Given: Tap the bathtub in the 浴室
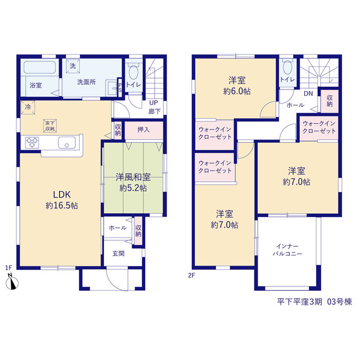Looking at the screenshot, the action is (40, 67).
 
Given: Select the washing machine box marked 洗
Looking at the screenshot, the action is (73, 66).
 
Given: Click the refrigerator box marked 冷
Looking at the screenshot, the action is (28, 107).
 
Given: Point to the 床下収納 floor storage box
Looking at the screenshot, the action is (50, 126).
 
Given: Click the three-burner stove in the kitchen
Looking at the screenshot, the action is (32, 142).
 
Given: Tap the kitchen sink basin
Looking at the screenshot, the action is (67, 142).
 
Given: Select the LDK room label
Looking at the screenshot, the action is (62, 195).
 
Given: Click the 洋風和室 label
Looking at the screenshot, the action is (133, 177).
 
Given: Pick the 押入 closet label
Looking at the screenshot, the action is (143, 130).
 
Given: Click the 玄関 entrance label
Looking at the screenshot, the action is (119, 254).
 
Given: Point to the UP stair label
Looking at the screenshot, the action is (154, 102).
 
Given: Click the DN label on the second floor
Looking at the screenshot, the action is (308, 93).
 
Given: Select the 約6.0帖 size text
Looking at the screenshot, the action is (237, 91).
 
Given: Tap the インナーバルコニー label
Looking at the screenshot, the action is (287, 250).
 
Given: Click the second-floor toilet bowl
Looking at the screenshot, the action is (287, 67).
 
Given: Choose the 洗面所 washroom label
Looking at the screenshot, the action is (86, 82).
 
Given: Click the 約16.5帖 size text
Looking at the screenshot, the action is (62, 205).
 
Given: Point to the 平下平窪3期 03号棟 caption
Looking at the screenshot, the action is (314, 301).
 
